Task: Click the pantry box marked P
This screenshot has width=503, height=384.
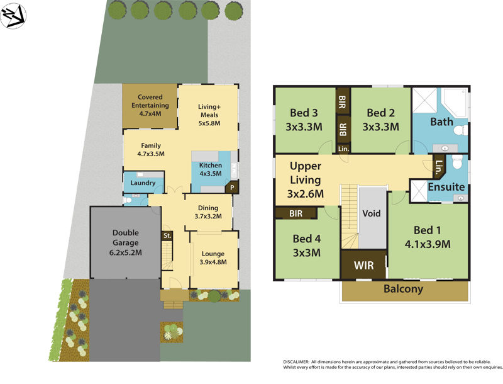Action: pyautogui.click(x=231, y=188)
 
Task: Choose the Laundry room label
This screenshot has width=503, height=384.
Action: pyautogui.click(x=143, y=183)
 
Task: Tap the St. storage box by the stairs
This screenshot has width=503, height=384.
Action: pyautogui.click(x=167, y=236)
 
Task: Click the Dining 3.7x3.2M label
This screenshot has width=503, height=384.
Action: pyautogui.click(x=208, y=211)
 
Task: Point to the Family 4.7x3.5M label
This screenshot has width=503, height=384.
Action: pyautogui.click(x=151, y=149)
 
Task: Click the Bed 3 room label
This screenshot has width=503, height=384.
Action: pyautogui.click(x=306, y=120)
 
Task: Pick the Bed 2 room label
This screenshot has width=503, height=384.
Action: pyautogui.click(x=381, y=120)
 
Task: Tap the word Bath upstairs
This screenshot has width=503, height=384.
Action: pyautogui.click(x=441, y=121)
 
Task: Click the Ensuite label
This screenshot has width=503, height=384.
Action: pyautogui.click(x=446, y=187)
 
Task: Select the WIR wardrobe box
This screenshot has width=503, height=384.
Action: pyautogui.click(x=363, y=266)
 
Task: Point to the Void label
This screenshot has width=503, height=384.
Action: pyautogui.click(x=372, y=213)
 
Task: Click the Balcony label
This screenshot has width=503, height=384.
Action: pyautogui.click(x=404, y=290)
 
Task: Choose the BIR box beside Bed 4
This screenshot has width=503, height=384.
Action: pyautogui.click(x=296, y=213)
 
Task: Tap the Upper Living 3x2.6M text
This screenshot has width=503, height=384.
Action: pyautogui.click(x=306, y=180)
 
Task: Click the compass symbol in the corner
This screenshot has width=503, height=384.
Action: pyautogui.click(x=13, y=16)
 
